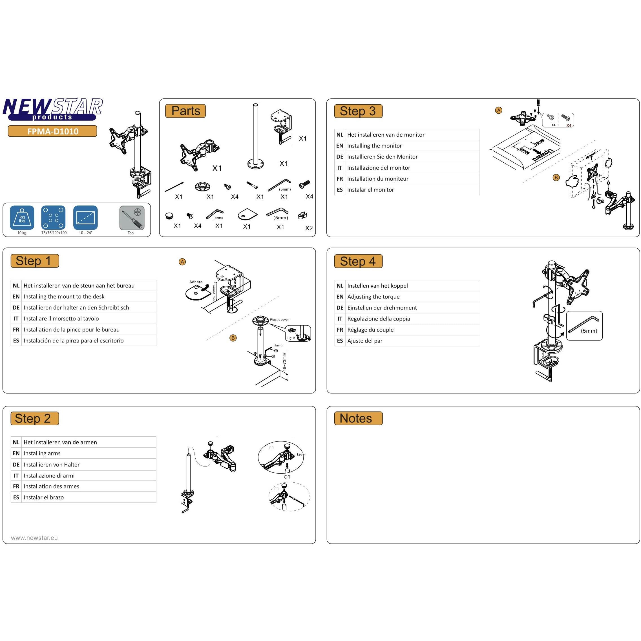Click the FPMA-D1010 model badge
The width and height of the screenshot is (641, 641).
(x=52, y=131)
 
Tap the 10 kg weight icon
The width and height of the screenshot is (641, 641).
(x=22, y=218)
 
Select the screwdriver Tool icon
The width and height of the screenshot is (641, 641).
(x=132, y=218)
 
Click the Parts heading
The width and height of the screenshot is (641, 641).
(x=185, y=111)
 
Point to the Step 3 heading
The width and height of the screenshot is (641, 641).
(x=358, y=111)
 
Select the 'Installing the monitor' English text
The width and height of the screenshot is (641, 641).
(x=374, y=146)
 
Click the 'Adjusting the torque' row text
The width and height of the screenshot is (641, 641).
(x=373, y=297)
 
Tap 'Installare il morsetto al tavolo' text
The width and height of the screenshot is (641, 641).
(x=61, y=319)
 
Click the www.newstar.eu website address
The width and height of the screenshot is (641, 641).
(x=34, y=538)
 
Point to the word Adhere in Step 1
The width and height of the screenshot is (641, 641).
(x=196, y=282)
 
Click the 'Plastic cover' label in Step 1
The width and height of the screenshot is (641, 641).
(x=279, y=319)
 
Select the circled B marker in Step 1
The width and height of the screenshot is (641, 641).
(x=233, y=338)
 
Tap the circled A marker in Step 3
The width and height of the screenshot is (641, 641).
(x=498, y=110)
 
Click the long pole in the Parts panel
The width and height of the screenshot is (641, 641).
(x=255, y=136)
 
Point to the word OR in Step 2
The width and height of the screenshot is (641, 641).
(x=287, y=477)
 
